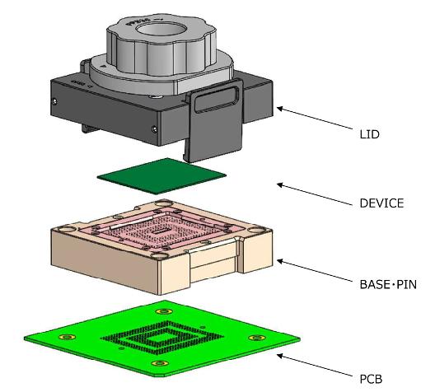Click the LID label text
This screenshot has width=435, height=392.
coord(370,134)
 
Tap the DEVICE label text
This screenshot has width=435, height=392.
coord(381,203)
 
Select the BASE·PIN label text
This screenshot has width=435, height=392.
coord(388,285)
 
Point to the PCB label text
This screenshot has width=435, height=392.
coord(371,379)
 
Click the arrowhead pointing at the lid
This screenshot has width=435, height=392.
coord(280,109)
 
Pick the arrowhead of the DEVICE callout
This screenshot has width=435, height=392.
coord(280,184)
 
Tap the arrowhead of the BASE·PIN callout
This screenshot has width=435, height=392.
coord(280,261)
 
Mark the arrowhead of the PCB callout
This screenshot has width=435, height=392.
coord(280,356)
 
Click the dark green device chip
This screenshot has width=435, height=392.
coord(161,176)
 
